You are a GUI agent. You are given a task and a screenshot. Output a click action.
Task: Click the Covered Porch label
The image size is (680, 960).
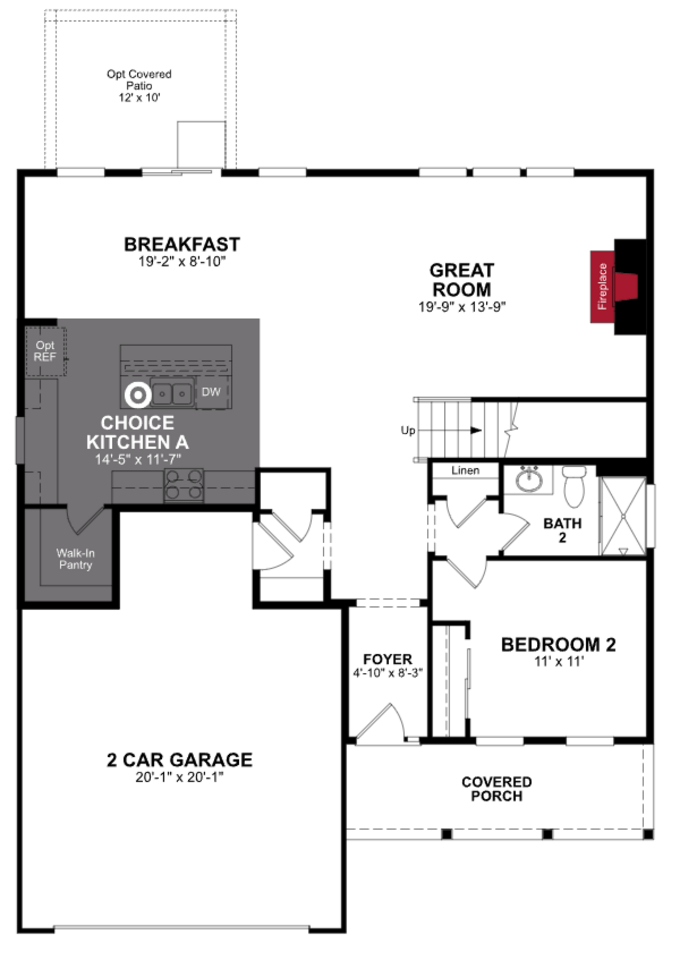497,789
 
